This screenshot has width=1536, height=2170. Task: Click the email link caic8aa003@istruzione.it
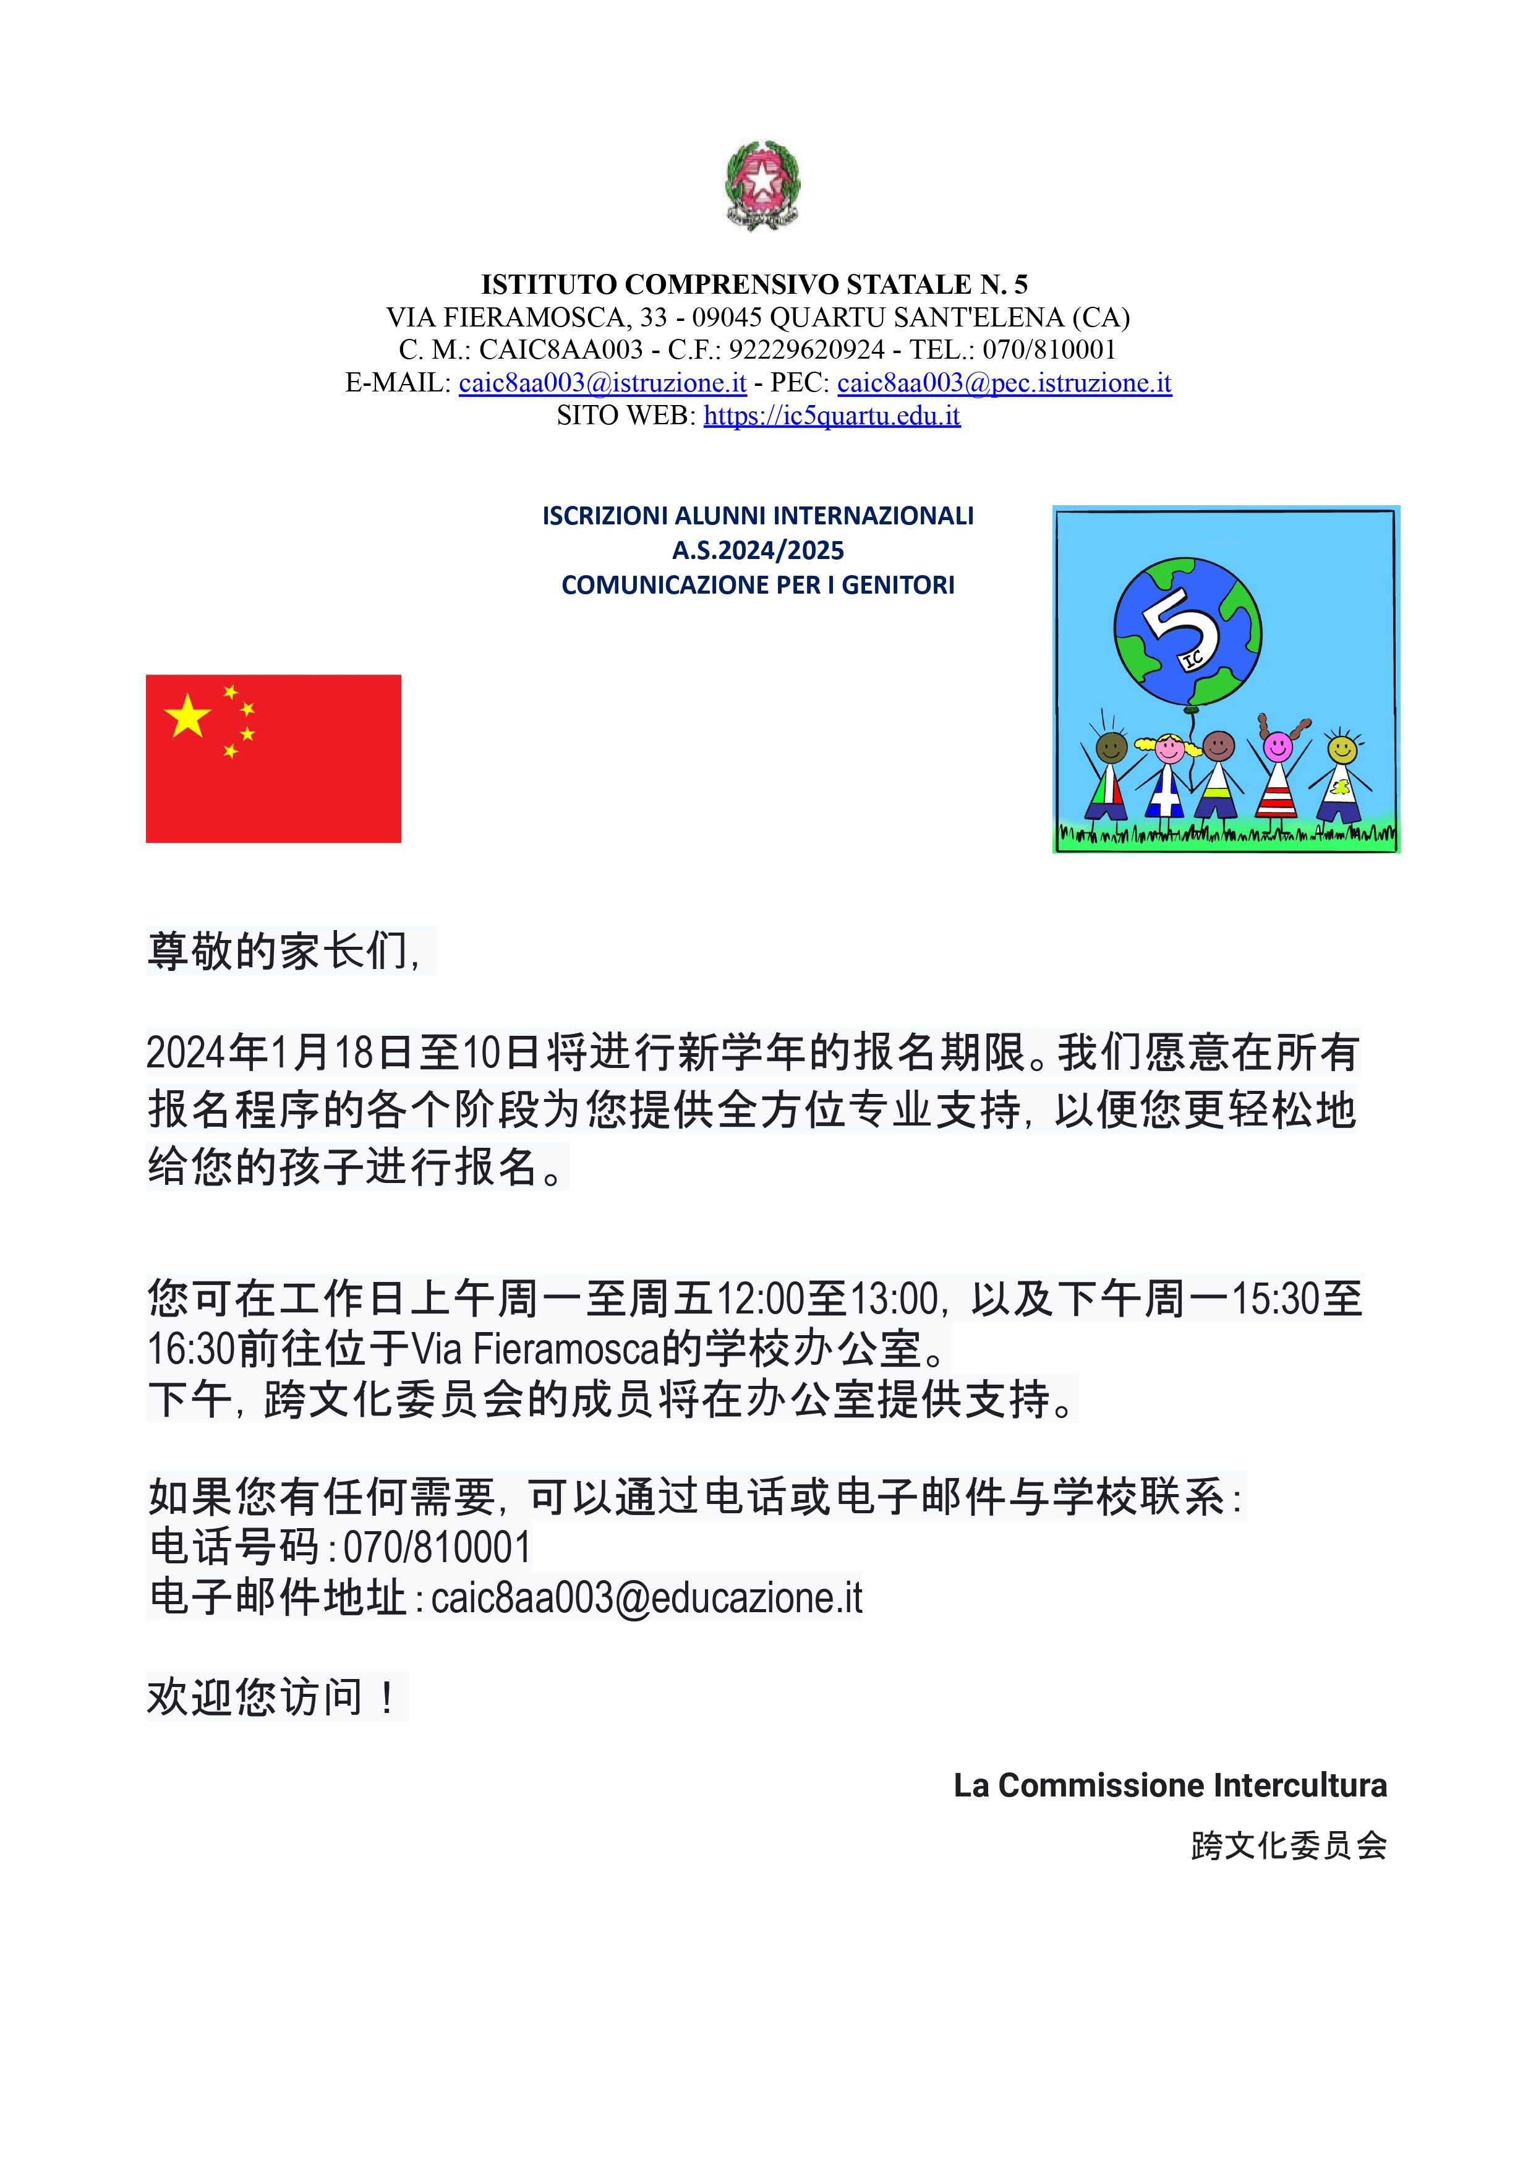point(602,383)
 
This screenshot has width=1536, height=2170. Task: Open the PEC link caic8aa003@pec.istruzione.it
point(1004,383)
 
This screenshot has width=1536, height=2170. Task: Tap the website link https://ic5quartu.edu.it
point(831,416)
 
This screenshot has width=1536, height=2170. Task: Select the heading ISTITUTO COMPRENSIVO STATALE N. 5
point(754,284)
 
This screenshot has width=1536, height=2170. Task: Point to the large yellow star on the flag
point(187,716)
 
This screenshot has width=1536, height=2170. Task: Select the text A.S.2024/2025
point(757,550)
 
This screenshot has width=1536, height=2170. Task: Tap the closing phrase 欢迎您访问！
point(275,1697)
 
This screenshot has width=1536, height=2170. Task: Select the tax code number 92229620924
point(806,350)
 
